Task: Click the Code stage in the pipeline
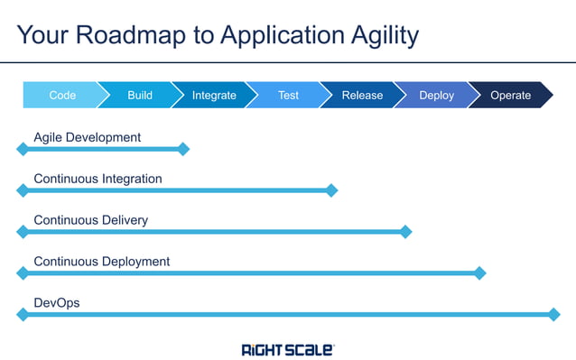[62, 95]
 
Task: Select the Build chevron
[140, 95]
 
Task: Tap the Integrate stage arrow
[214, 95]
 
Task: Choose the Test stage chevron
[288, 95]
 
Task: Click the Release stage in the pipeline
[362, 95]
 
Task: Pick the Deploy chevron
[437, 95]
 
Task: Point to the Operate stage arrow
[511, 95]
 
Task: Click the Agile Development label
[87, 137]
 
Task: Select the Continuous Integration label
[98, 179]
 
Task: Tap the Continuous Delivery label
[90, 220]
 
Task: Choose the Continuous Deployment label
[101, 262]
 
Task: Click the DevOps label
[56, 303]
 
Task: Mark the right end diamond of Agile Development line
[183, 149]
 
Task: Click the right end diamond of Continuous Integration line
[331, 190]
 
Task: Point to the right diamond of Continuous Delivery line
[405, 232]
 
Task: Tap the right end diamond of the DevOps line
[554, 315]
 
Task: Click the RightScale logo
[287, 348]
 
